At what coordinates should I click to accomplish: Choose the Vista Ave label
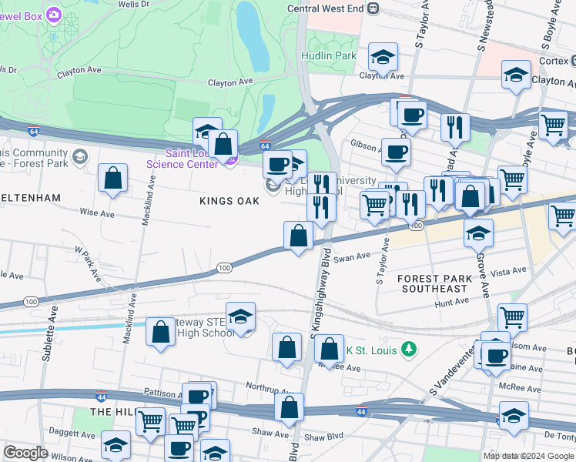[x=508, y=271]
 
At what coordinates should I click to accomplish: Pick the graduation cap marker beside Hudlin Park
[x=382, y=56]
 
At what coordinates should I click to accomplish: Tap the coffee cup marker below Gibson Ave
[x=396, y=152]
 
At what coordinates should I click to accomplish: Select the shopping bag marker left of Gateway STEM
[x=160, y=333]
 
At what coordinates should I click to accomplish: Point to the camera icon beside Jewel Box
[x=53, y=15]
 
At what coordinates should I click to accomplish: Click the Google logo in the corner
[x=26, y=453]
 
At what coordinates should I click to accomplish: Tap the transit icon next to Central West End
[x=373, y=8]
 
